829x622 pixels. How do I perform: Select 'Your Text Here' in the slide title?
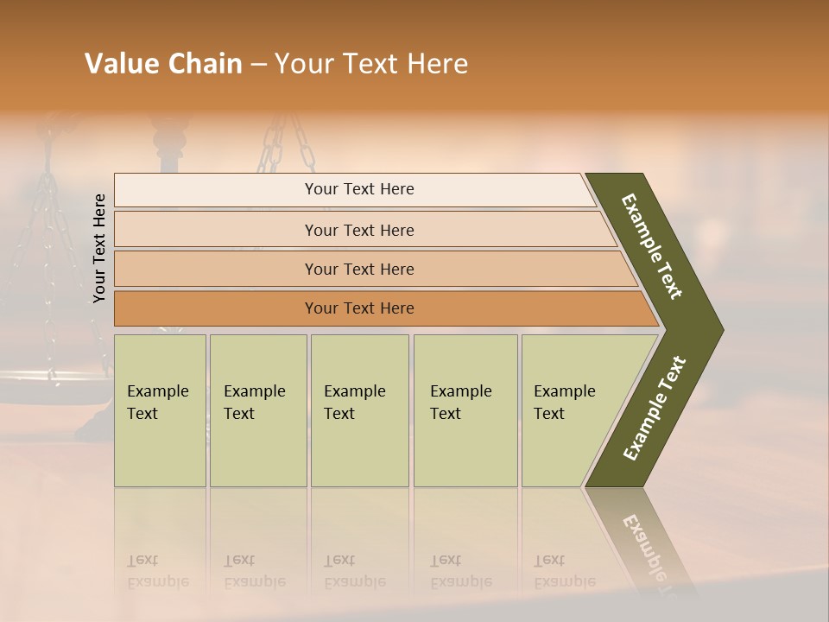tap(371, 64)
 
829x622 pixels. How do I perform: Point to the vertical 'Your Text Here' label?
tap(99, 248)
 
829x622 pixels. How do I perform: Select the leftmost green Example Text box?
tap(160, 410)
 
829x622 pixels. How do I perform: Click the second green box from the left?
tap(257, 410)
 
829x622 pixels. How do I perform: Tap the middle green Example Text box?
tap(359, 410)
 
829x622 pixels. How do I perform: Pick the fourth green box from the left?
tap(465, 410)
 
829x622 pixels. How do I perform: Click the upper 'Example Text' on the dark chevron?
tap(652, 246)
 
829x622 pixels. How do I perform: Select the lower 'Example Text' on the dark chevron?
tap(655, 409)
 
